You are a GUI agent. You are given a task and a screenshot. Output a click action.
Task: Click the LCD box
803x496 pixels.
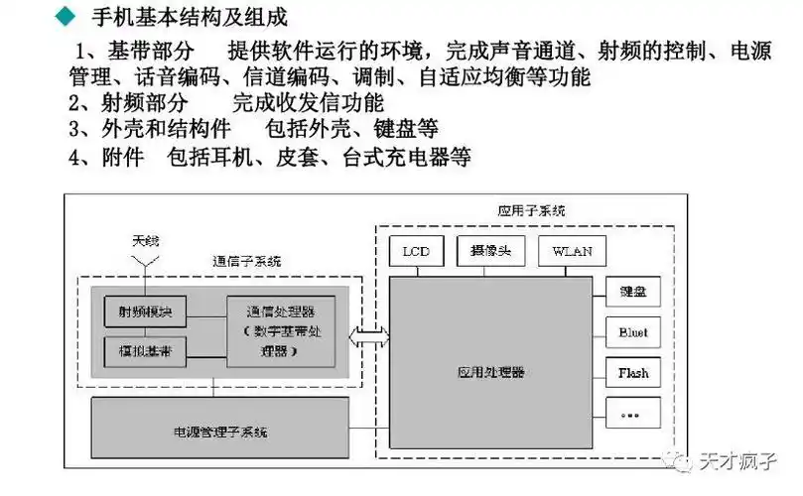pos(416,252)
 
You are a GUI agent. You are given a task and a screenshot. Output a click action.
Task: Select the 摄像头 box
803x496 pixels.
pos(490,252)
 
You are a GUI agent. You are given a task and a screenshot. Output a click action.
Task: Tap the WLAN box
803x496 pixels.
pos(571,252)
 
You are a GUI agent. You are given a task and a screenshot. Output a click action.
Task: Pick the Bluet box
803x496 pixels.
pos(632,333)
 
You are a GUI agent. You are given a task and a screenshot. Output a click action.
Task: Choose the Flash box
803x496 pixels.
pos(632,373)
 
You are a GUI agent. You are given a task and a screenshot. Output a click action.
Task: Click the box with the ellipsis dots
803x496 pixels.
pos(632,414)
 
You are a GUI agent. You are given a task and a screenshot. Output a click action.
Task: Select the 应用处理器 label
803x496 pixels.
pos(492,372)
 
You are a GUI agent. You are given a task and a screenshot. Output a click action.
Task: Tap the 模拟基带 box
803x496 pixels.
pos(145,351)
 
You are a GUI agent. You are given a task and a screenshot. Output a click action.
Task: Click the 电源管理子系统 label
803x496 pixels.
pos(221,433)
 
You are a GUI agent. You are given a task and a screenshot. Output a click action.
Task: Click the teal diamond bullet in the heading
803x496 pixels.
pos(65,18)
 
